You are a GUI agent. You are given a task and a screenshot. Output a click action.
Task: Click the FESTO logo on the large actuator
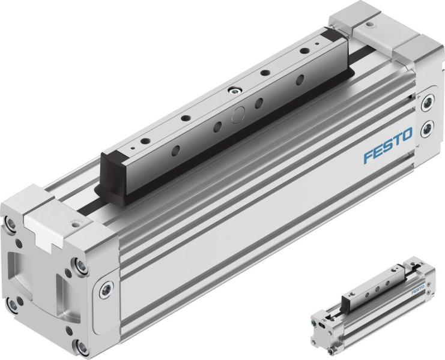387,148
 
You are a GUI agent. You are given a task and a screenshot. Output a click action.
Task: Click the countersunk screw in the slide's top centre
233,91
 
